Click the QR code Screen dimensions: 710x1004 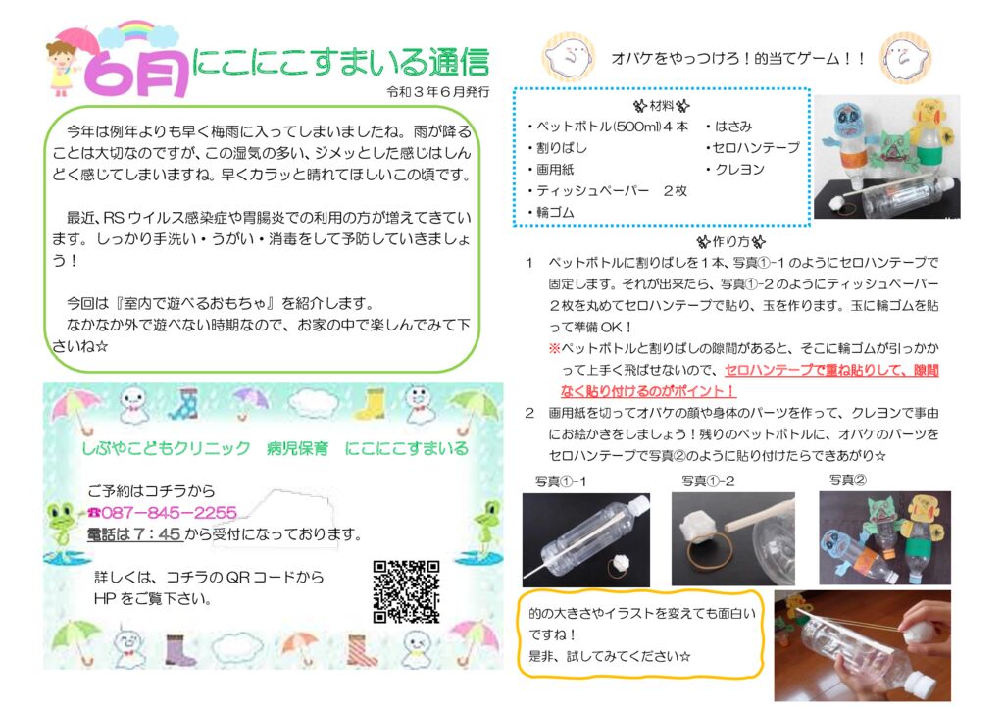(405, 591)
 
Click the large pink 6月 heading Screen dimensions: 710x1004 (136, 73)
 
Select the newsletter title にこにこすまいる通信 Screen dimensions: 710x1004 (340, 62)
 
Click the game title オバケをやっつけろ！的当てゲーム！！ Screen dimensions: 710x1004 (739, 59)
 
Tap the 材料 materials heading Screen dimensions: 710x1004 (661, 105)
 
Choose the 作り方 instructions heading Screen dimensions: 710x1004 (730, 241)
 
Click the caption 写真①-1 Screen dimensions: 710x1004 (561, 482)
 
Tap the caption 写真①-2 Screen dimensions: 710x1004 (708, 482)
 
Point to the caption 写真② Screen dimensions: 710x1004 (847, 481)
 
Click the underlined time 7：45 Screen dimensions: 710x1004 (155, 535)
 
